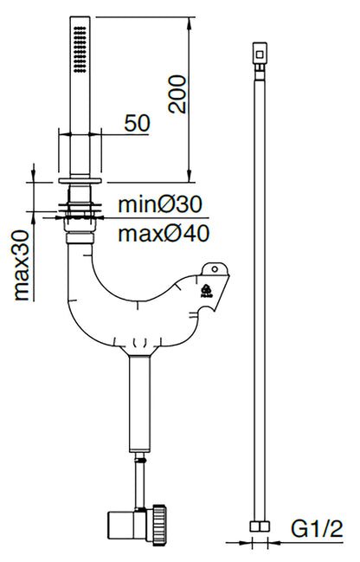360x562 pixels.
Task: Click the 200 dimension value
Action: click(177, 94)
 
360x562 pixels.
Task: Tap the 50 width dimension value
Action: click(138, 123)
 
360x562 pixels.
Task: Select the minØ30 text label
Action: click(160, 204)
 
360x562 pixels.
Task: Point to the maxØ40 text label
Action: click(164, 234)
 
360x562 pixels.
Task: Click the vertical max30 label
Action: click(21, 265)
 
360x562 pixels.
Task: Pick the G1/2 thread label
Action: click(317, 529)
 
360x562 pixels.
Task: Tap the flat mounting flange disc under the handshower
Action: click(80, 180)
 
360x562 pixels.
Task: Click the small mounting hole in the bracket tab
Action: click(215, 269)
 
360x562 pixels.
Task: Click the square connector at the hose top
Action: click(260, 54)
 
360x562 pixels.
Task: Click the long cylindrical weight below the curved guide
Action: click(140, 404)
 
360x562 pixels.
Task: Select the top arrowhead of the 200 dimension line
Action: click(190, 23)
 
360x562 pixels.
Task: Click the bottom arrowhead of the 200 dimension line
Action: click(190, 176)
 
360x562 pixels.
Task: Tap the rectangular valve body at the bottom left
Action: click(122, 525)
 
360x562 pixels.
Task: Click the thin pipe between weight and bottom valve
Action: click(139, 480)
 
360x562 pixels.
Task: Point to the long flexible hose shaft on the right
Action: click(260, 293)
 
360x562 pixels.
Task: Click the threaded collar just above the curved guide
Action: click(80, 238)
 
